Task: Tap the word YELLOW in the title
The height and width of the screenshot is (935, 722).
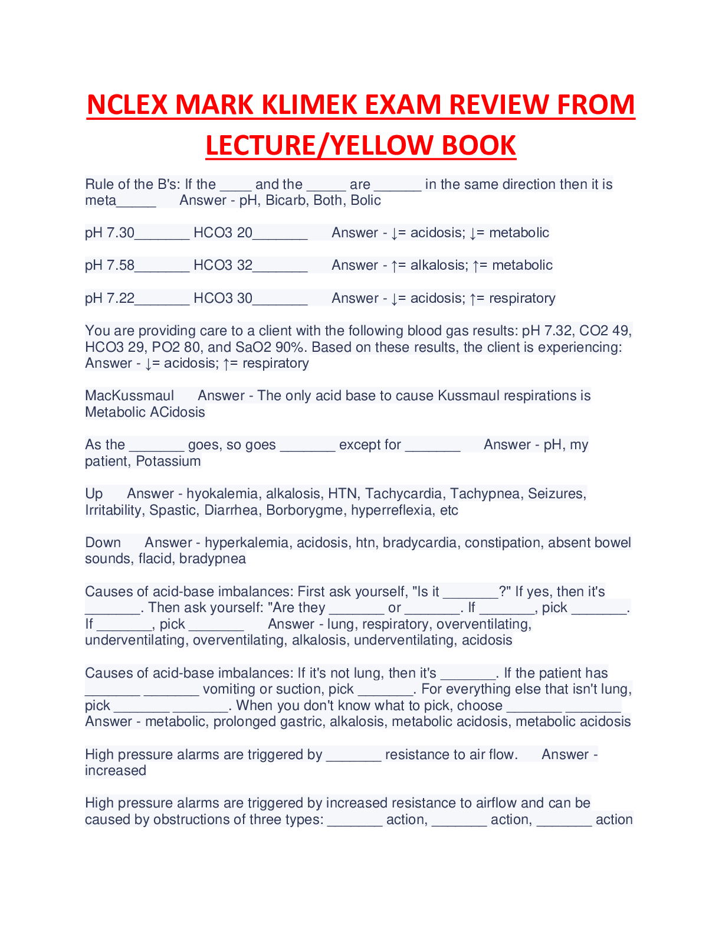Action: (382, 145)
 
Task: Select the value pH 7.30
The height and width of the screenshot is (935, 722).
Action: (110, 233)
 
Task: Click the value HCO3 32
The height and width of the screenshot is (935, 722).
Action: (223, 265)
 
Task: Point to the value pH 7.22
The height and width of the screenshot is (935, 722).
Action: (110, 298)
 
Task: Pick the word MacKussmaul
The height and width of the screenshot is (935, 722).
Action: (129, 396)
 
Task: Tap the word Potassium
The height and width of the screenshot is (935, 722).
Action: (168, 461)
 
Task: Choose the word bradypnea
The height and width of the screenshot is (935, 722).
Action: (212, 559)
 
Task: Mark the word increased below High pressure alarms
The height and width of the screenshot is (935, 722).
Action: (116, 771)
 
